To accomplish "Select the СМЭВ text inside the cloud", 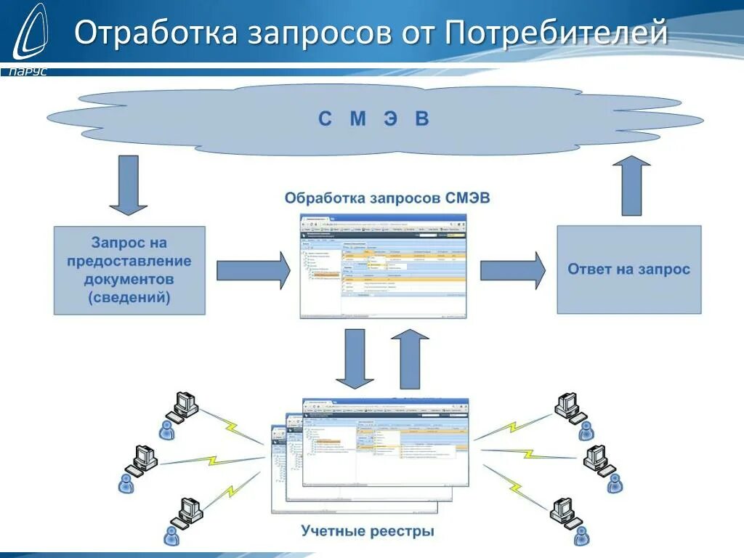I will pos(373,118).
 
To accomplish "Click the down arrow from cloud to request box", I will pos(129,187).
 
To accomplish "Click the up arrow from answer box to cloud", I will pos(631,185).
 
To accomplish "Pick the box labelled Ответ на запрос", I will pos(628,270).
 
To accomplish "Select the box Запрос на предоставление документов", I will pos(129,270).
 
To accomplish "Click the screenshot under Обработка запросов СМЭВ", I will pos(383,266).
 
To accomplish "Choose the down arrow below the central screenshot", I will pos(355,358).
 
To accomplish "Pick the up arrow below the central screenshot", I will pos(410,358).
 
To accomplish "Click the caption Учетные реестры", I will pos(368,531).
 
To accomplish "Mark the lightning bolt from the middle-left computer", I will pos(211,461).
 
